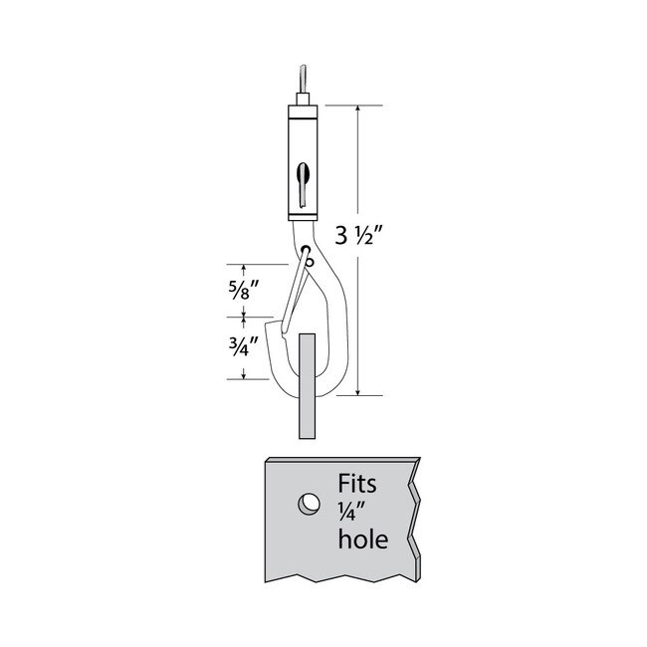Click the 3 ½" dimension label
360,237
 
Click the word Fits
357,484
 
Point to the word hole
363,539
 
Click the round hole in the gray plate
309,504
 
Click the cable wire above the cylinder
303,80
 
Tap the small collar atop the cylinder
303,99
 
